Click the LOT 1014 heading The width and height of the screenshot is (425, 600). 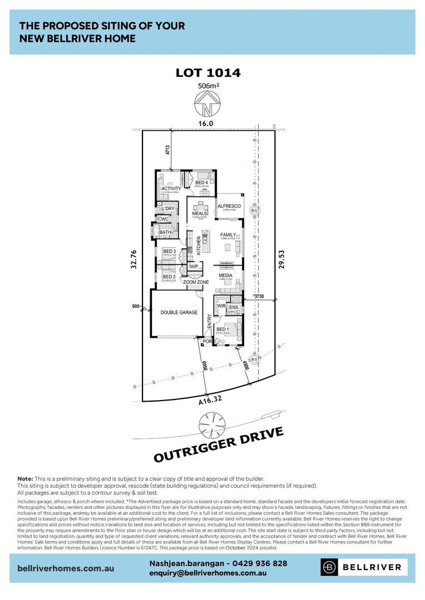(208, 73)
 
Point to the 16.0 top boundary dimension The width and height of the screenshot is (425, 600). (207, 124)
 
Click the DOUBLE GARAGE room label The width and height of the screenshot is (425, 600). (179, 313)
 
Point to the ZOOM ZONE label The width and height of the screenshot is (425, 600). (196, 282)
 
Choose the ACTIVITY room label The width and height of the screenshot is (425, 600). (171, 189)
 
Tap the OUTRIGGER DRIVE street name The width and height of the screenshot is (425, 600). (219, 444)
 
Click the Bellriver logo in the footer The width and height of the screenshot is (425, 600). (364, 567)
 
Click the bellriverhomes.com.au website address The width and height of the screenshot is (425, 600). (66, 568)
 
